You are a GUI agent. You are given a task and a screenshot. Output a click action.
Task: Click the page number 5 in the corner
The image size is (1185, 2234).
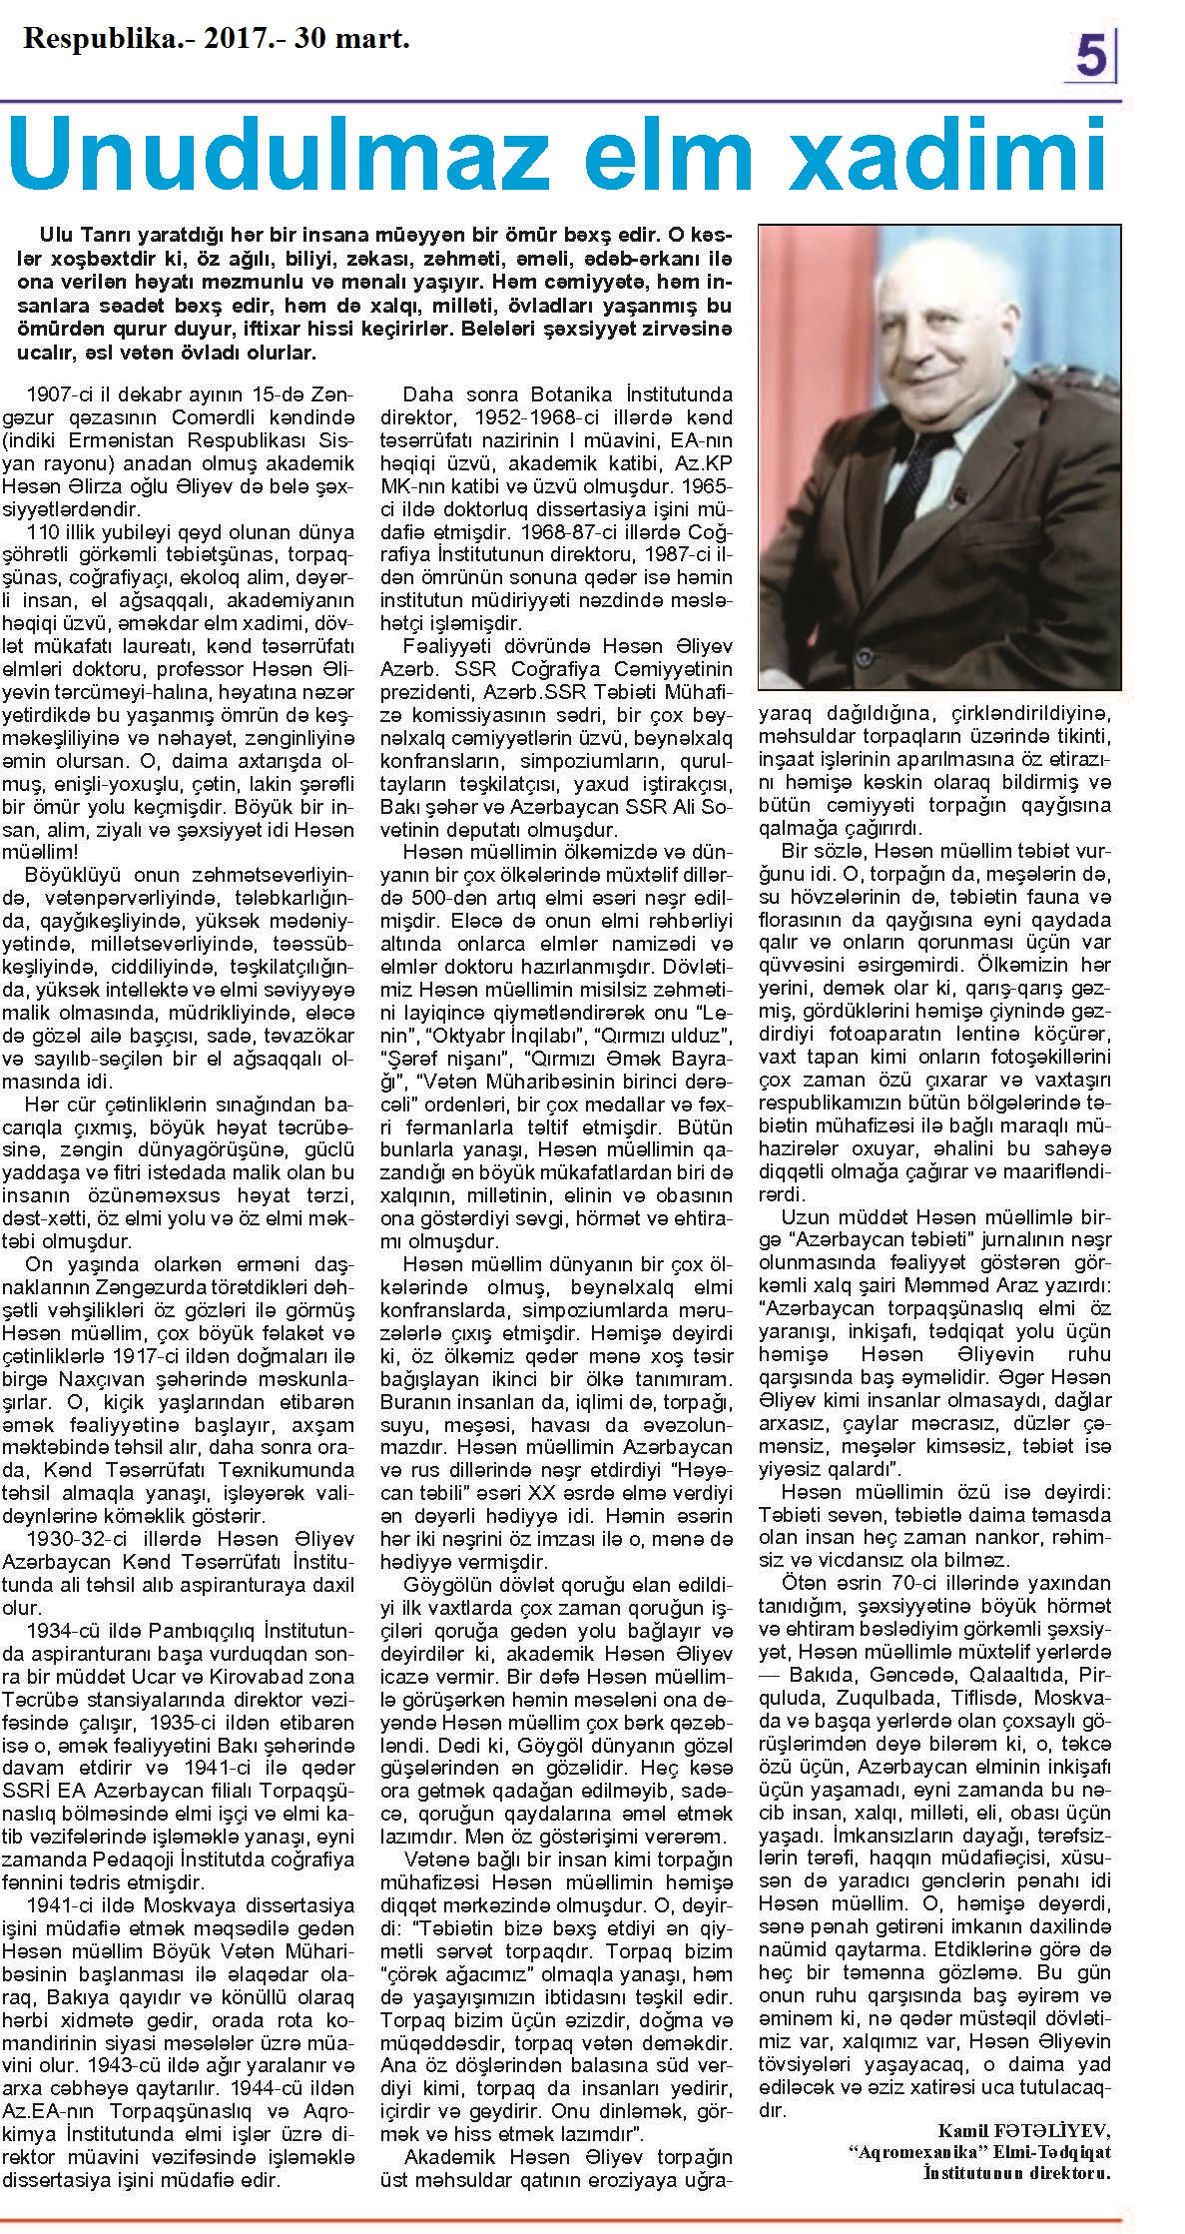click(1091, 57)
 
